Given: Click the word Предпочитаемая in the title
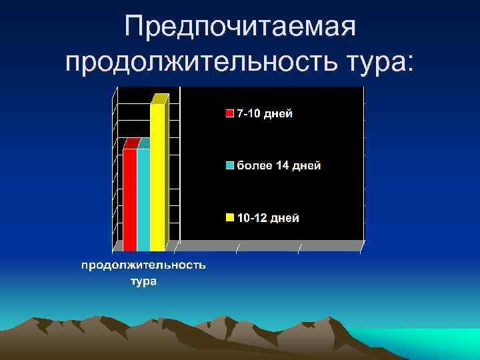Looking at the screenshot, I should click(241, 28).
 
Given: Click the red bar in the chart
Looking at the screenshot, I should click(129, 199).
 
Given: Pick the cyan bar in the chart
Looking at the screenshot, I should click(143, 199).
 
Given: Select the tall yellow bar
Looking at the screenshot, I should click(157, 177).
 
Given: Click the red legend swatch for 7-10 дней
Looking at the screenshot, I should click(230, 114).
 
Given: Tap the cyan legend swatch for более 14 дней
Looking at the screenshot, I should click(230, 166).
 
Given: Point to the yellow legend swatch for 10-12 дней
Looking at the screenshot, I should click(230, 218).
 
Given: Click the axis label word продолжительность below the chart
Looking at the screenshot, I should click(143, 266).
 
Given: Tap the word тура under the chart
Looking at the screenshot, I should click(143, 281).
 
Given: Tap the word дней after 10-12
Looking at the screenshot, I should click(285, 218).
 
